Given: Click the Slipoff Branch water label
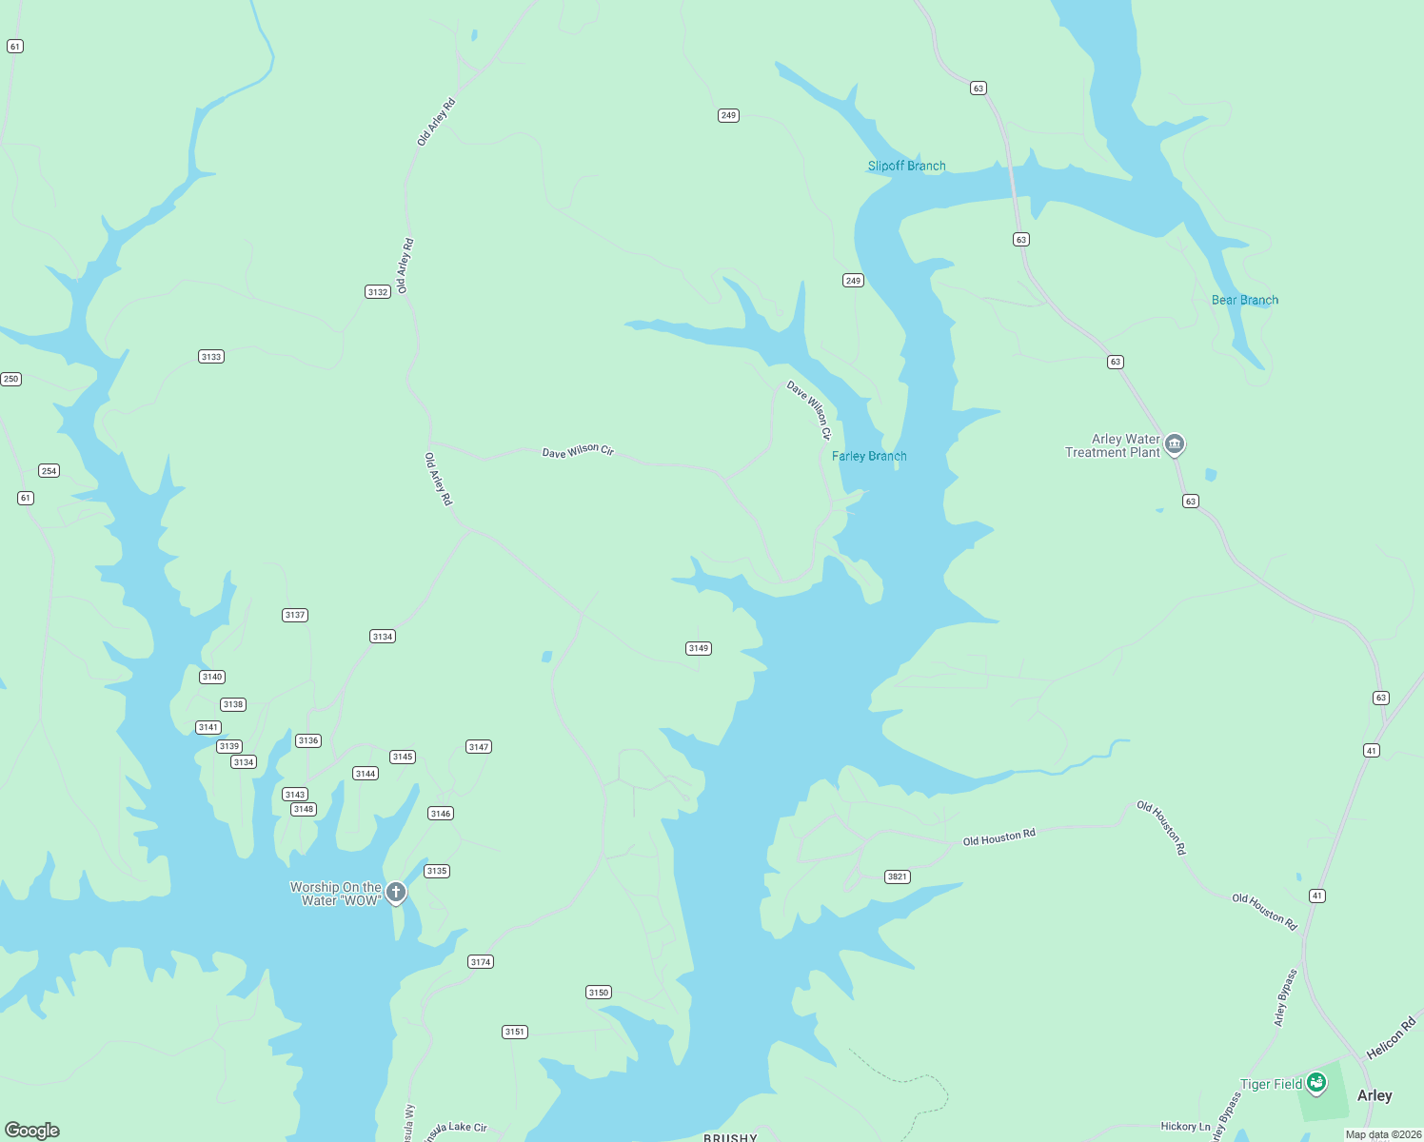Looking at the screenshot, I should pyautogui.click(x=906, y=166).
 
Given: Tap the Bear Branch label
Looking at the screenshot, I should pyautogui.click(x=1244, y=300).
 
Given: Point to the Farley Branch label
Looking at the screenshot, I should pyautogui.click(x=869, y=456).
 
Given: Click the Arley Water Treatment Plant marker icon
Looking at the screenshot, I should pyautogui.click(x=1175, y=443).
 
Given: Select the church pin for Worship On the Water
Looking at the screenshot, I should pyautogui.click(x=396, y=892).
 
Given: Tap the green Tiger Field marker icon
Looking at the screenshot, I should pyautogui.click(x=1316, y=1081).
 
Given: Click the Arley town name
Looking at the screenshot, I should pyautogui.click(x=1375, y=1095).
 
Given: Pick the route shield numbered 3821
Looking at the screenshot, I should pyautogui.click(x=897, y=876).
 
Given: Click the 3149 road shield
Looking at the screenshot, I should pyautogui.click(x=698, y=648).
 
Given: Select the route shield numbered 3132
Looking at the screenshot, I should pyautogui.click(x=378, y=291).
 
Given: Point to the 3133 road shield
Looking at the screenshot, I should pyautogui.click(x=211, y=357).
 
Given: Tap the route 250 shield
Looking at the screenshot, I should pyautogui.click(x=10, y=379).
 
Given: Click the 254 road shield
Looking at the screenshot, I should pyautogui.click(x=49, y=470).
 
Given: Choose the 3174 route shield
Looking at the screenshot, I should pyautogui.click(x=481, y=962).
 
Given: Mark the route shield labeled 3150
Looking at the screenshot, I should pyautogui.click(x=598, y=993).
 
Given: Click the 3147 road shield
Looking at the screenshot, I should pyautogui.click(x=479, y=747).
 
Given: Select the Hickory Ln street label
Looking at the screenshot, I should pyautogui.click(x=1185, y=1126).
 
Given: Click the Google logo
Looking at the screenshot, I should pyautogui.click(x=32, y=1130).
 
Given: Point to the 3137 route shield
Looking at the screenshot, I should pyautogui.click(x=295, y=615).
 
